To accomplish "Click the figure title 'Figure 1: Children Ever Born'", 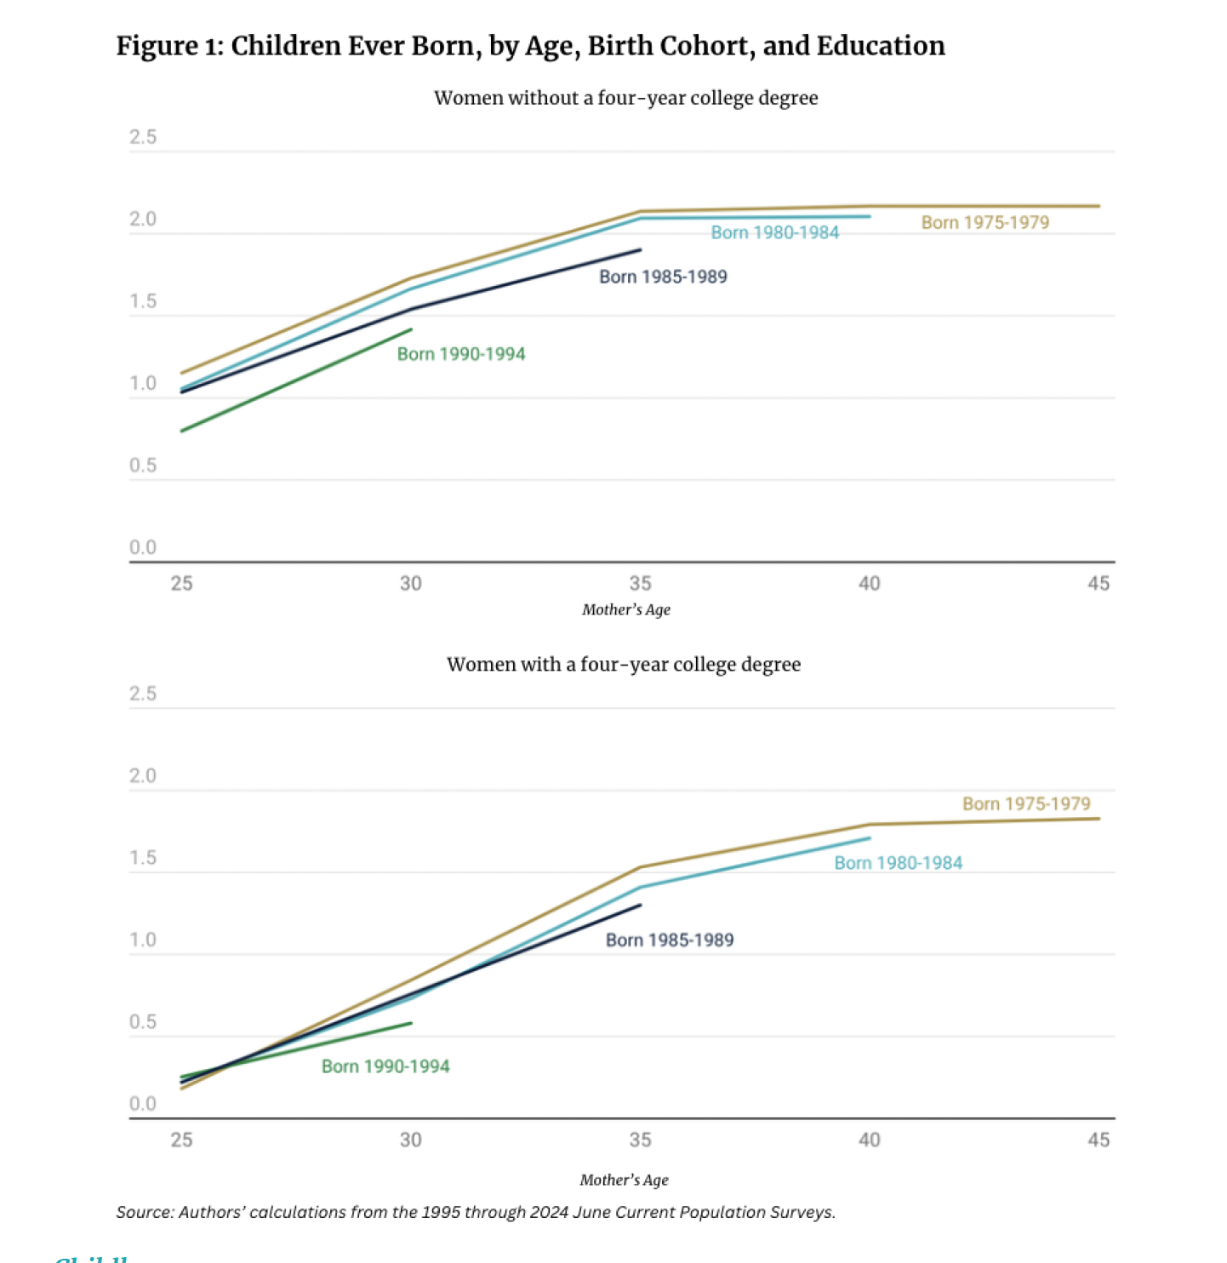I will pos(530,46).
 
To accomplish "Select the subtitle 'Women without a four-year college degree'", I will pos(625,98).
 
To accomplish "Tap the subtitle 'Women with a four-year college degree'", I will pos(624,665).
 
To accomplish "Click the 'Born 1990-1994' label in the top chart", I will pos(461,354).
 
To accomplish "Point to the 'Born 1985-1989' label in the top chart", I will pos(663,277).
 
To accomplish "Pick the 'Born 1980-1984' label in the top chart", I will pos(774,232).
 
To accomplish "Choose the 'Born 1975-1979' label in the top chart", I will pos(984,223).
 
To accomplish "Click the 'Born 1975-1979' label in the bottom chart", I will pos(1025,803).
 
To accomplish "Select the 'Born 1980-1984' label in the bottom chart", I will pos(898,863).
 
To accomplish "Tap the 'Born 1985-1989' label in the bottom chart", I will pos(669,940).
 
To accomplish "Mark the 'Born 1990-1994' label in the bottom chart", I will pos(385,1066).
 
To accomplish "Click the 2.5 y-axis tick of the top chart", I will pos(143,137).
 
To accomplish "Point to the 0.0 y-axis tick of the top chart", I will pos(143,547).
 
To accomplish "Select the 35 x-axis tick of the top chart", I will pos(640,584).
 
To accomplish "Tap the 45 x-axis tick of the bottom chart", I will pos(1098,1140).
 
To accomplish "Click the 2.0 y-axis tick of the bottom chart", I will pos(143,775).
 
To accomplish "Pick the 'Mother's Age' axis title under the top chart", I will pos(625,609).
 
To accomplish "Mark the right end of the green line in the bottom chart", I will pos(412,1023).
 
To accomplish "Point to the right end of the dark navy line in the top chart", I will pos(640,249).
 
